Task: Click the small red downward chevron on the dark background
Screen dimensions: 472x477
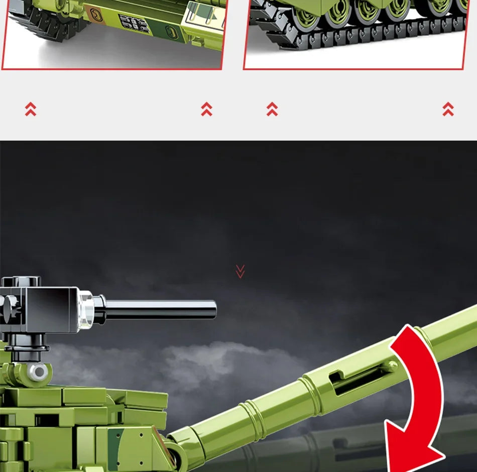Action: tap(240, 272)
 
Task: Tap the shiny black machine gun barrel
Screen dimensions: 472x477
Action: tap(161, 309)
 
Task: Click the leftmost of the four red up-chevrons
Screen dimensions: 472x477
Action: tap(31, 109)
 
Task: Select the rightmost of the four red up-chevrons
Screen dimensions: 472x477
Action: tap(448, 109)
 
